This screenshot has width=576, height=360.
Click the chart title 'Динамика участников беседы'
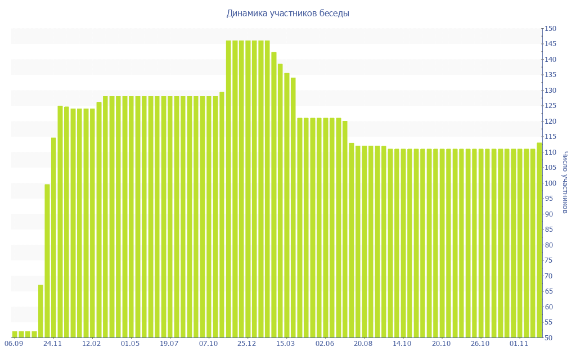287,13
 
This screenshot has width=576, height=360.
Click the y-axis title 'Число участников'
565,183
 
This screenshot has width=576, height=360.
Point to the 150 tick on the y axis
550,29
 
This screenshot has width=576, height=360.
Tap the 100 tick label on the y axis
550,183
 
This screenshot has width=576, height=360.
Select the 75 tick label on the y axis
550,260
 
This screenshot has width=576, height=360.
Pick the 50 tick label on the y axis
550,337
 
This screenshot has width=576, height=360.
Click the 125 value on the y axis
550,106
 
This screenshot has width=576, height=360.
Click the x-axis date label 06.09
13,343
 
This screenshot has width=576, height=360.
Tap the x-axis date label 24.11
52,343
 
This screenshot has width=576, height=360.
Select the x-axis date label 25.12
247,343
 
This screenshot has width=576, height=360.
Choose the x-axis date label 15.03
286,343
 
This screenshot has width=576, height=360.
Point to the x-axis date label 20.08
363,343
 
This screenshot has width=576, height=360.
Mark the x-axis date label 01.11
519,343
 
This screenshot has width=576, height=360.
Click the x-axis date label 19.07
169,343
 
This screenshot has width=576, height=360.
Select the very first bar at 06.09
15,335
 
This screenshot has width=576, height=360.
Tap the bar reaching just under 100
47,261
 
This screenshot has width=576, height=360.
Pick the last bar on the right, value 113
539,240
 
